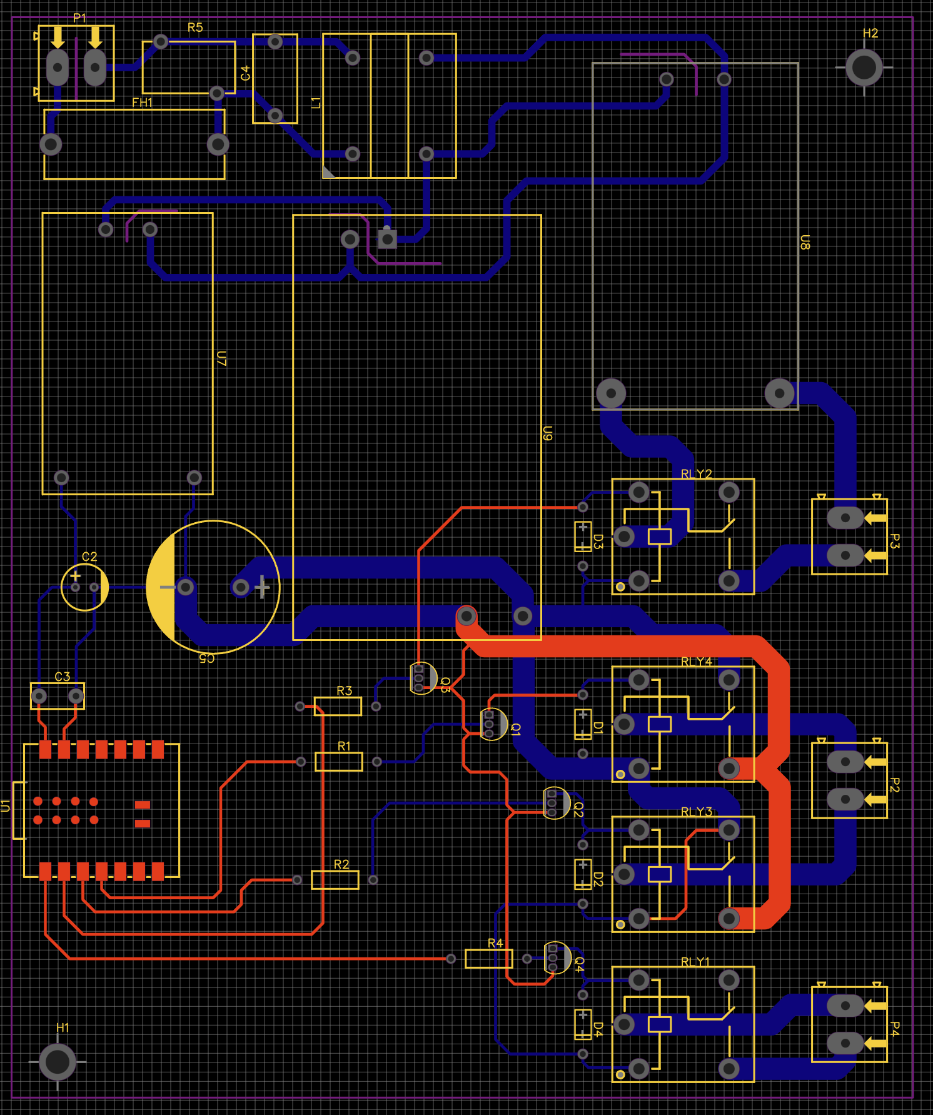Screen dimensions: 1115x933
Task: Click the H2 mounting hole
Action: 864,67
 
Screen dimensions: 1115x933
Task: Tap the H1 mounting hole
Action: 58,1061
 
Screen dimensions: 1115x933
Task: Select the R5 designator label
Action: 195,28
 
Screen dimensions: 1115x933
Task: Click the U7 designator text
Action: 221,358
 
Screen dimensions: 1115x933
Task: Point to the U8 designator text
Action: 805,243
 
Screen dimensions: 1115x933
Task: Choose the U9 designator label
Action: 547,433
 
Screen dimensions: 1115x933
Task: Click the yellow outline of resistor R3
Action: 338,706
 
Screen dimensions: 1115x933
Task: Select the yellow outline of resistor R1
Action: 338,761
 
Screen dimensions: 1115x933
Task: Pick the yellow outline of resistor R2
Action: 335,879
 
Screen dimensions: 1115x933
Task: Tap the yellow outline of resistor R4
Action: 488,959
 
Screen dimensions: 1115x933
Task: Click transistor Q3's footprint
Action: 422,678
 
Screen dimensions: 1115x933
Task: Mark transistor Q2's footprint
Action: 555,802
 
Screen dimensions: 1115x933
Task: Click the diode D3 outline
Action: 583,537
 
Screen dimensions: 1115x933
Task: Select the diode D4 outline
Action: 583,1024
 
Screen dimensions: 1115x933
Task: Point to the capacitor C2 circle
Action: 84,587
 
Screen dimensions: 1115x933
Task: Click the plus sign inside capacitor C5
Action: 262,587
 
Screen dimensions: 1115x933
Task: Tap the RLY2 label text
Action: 696,474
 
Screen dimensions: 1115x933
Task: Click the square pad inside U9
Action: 387,239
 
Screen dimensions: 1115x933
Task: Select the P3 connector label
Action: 895,542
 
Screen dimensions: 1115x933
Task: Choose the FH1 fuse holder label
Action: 142,103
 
